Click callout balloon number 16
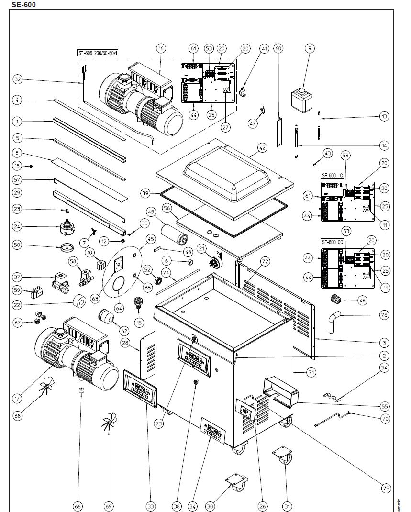pos(161,48)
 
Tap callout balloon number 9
pos(310,48)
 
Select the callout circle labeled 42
pos(262,148)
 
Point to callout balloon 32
pos(18,79)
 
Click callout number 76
pos(385,315)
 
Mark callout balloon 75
pos(385,489)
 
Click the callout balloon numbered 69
pos(109,506)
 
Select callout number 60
pos(278,48)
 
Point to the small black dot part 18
pos(31,166)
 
